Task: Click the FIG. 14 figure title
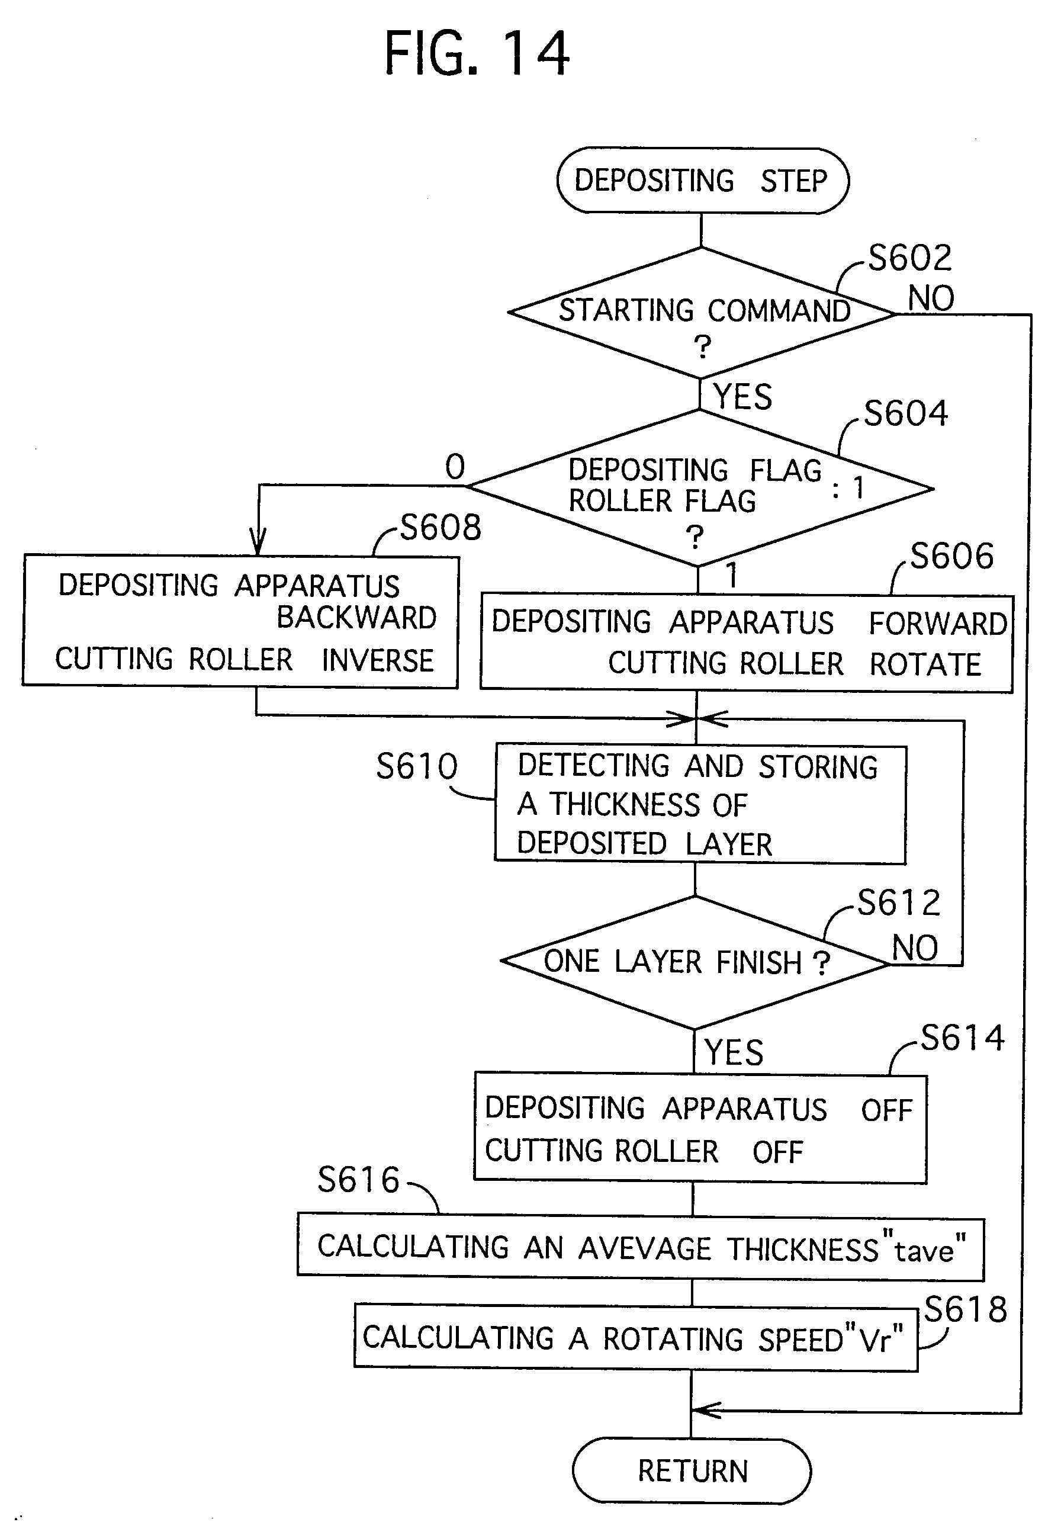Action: [x=477, y=54]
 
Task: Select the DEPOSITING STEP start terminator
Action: [x=702, y=181]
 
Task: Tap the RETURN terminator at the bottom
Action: [x=692, y=1470]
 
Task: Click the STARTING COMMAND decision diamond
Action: [x=702, y=313]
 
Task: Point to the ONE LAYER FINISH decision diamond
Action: [x=694, y=962]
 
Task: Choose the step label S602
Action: [x=910, y=258]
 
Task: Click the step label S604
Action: [x=905, y=413]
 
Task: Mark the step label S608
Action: [x=440, y=528]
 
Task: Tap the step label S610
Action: [x=417, y=766]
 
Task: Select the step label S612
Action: [x=898, y=903]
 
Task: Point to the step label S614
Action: [x=962, y=1038]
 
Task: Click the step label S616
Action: [x=358, y=1180]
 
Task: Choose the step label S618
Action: [x=965, y=1309]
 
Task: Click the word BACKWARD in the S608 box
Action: [x=356, y=618]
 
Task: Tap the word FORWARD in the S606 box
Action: [x=937, y=624]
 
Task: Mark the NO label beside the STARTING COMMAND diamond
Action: [x=931, y=298]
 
